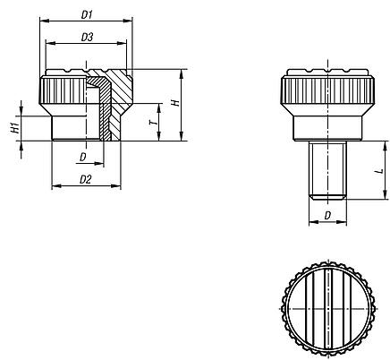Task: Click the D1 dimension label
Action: [88, 15]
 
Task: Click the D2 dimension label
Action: [87, 180]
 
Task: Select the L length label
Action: [378, 169]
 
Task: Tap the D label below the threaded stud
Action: [327, 216]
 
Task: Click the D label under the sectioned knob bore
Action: [82, 158]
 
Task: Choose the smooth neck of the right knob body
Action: [327, 125]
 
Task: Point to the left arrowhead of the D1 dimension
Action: [43, 22]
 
